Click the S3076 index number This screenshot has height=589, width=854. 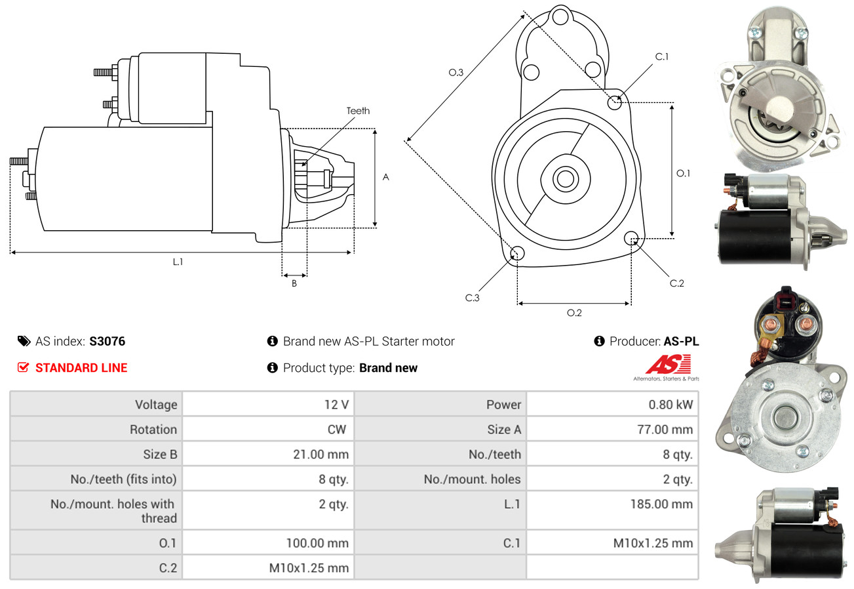point(107,341)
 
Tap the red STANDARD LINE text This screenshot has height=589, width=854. point(81,368)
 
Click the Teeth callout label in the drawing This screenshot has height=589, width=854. point(358,111)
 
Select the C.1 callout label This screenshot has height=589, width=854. point(662,56)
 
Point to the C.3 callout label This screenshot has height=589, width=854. point(473,298)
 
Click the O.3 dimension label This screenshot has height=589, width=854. point(456,73)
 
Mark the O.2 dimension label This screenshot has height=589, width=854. point(574,313)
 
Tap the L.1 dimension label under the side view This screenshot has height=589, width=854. point(178,262)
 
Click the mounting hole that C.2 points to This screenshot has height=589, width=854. point(632,237)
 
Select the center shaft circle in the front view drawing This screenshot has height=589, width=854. point(563,178)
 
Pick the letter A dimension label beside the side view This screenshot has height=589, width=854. point(386,177)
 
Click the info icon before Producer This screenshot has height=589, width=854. point(599,341)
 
